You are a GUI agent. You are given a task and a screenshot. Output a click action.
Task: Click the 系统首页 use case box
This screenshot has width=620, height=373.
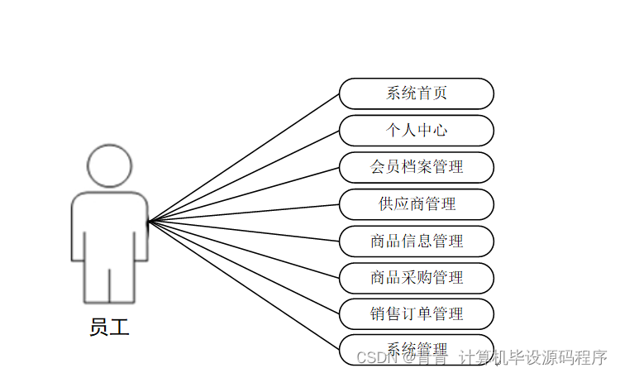tap(417, 93)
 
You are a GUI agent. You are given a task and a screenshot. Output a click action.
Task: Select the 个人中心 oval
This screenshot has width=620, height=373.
tap(417, 131)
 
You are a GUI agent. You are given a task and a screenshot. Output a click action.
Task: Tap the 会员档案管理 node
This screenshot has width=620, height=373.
tap(417, 167)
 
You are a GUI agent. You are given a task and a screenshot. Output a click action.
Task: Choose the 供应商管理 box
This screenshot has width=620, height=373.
tap(417, 203)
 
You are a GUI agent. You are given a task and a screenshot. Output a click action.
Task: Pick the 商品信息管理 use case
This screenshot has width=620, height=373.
tap(417, 241)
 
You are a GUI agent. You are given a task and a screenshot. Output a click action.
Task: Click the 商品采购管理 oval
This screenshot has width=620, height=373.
tap(417, 277)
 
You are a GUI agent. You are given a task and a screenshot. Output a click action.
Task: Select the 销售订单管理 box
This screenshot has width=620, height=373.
tap(417, 313)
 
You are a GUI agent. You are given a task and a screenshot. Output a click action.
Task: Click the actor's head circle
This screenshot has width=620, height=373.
tap(109, 165)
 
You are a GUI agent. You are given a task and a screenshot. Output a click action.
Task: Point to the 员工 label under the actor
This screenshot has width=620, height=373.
tap(109, 328)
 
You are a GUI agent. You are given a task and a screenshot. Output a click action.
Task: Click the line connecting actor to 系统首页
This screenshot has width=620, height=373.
tap(244, 157)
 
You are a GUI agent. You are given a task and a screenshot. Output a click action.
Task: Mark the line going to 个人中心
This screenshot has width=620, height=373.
tap(244, 175)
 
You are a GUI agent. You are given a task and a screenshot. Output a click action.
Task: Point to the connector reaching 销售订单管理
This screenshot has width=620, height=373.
tap(244, 267)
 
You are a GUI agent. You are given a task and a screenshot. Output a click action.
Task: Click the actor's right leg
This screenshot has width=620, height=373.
tap(122, 277)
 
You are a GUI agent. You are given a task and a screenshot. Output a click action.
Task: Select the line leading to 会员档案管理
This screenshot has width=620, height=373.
tap(244, 194)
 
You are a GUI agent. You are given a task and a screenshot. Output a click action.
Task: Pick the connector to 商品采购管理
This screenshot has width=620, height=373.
tap(244, 249)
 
